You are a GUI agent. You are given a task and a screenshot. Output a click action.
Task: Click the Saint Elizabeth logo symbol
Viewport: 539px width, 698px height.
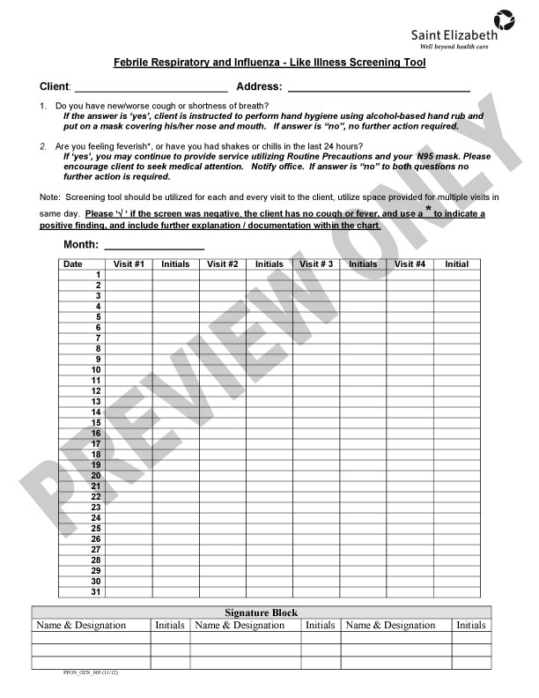(x=505, y=18)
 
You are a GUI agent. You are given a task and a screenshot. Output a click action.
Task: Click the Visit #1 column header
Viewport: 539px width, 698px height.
(x=129, y=264)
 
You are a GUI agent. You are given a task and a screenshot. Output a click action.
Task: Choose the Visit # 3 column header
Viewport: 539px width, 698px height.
(x=316, y=264)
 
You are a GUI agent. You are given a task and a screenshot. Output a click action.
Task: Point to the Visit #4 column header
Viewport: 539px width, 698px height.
(x=410, y=264)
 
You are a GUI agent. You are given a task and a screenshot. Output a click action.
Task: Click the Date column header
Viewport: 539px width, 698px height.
(x=73, y=264)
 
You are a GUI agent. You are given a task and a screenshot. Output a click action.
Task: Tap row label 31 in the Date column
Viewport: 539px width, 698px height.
(x=96, y=591)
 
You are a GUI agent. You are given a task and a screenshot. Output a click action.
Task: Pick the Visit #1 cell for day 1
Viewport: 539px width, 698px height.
(x=129, y=274)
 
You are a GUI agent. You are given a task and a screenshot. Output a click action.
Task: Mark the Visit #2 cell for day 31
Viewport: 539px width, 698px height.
(x=222, y=591)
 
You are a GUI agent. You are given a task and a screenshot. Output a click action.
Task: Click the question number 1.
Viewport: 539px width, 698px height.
(x=44, y=106)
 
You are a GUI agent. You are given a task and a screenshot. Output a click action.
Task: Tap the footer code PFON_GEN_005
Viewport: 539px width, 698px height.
(x=80, y=672)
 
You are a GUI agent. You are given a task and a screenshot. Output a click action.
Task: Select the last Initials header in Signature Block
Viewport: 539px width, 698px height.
(x=471, y=625)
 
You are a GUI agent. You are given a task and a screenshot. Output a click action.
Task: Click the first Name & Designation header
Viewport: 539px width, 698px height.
(x=80, y=625)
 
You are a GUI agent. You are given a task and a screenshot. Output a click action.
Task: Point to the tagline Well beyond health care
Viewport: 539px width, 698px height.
(x=458, y=44)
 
